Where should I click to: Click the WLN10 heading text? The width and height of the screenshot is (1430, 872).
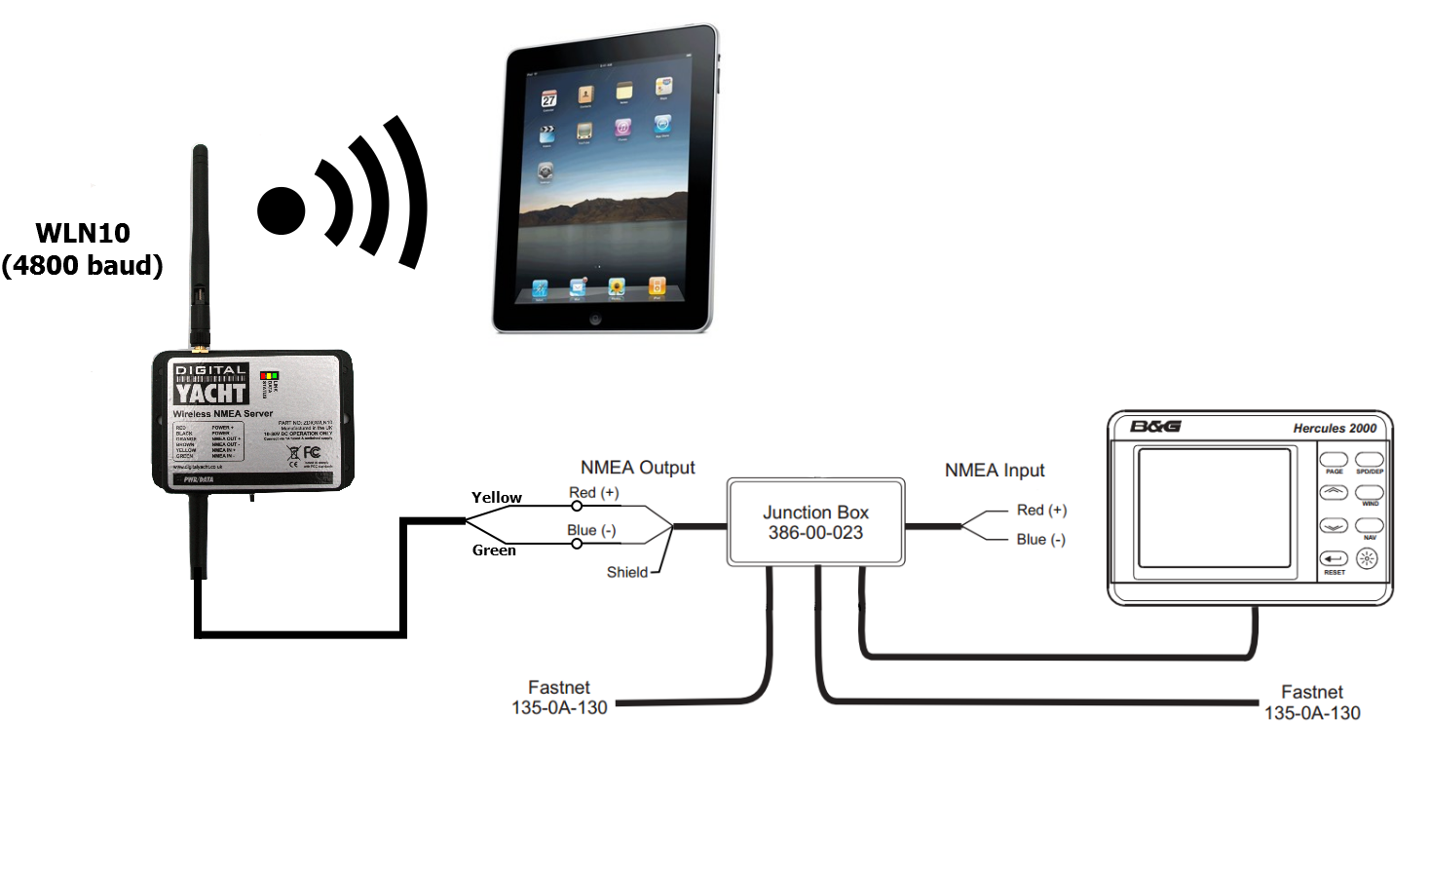[83, 234]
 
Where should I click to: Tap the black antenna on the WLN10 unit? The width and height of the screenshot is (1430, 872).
[200, 244]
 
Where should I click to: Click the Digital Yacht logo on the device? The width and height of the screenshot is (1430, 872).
[210, 384]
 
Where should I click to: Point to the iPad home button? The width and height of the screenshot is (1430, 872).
[595, 319]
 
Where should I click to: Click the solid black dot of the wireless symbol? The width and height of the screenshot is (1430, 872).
[282, 210]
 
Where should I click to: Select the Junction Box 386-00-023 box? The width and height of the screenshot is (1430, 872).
[815, 522]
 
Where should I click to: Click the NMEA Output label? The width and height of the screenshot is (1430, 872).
[637, 468]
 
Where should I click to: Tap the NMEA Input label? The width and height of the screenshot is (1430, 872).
[994, 471]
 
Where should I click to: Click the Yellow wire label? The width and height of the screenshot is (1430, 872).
[497, 498]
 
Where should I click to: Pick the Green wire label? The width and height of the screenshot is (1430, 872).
[494, 550]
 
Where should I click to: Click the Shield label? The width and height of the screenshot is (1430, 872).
[626, 573]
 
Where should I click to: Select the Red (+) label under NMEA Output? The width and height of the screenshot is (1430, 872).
[594, 493]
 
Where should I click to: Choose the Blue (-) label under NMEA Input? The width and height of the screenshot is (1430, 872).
[1040, 540]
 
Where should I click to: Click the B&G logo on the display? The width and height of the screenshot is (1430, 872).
[1155, 427]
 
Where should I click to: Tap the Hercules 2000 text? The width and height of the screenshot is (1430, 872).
[1335, 429]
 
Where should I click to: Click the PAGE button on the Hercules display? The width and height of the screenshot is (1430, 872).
[1334, 460]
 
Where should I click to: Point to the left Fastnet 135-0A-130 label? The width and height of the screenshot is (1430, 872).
[559, 698]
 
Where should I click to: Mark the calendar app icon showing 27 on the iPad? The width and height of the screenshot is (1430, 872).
[549, 99]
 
